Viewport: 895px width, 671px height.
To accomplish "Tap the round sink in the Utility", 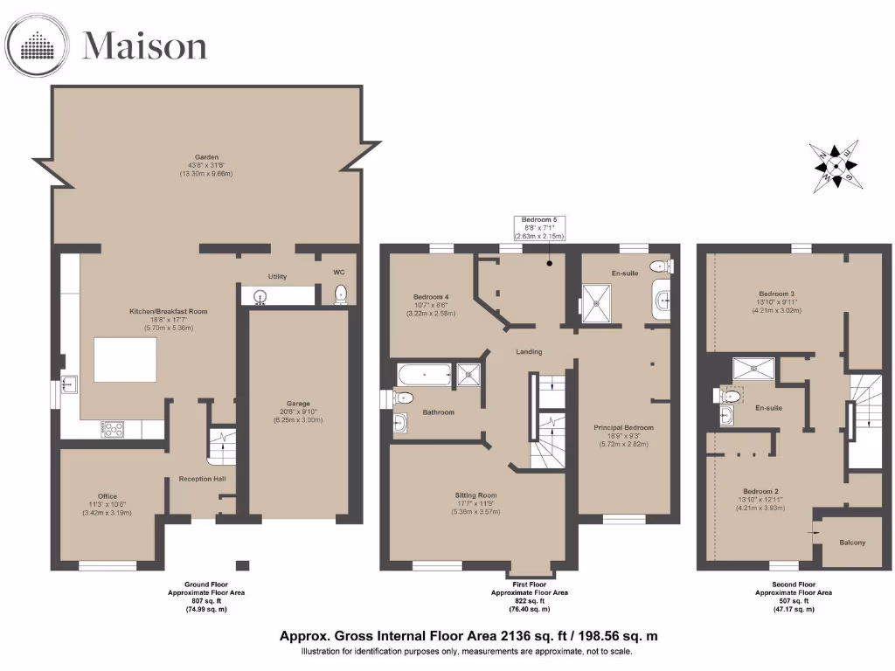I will tap(260, 297).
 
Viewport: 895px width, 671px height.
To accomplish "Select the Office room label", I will tap(107, 496).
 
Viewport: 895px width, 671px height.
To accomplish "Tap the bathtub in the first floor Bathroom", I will tap(423, 375).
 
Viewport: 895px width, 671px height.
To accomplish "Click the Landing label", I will tap(529, 352).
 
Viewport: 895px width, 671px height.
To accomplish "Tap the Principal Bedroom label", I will tap(624, 427).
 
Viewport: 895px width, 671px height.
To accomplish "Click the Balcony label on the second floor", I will tap(852, 543).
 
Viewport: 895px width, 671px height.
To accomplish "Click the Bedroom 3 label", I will tap(776, 293).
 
